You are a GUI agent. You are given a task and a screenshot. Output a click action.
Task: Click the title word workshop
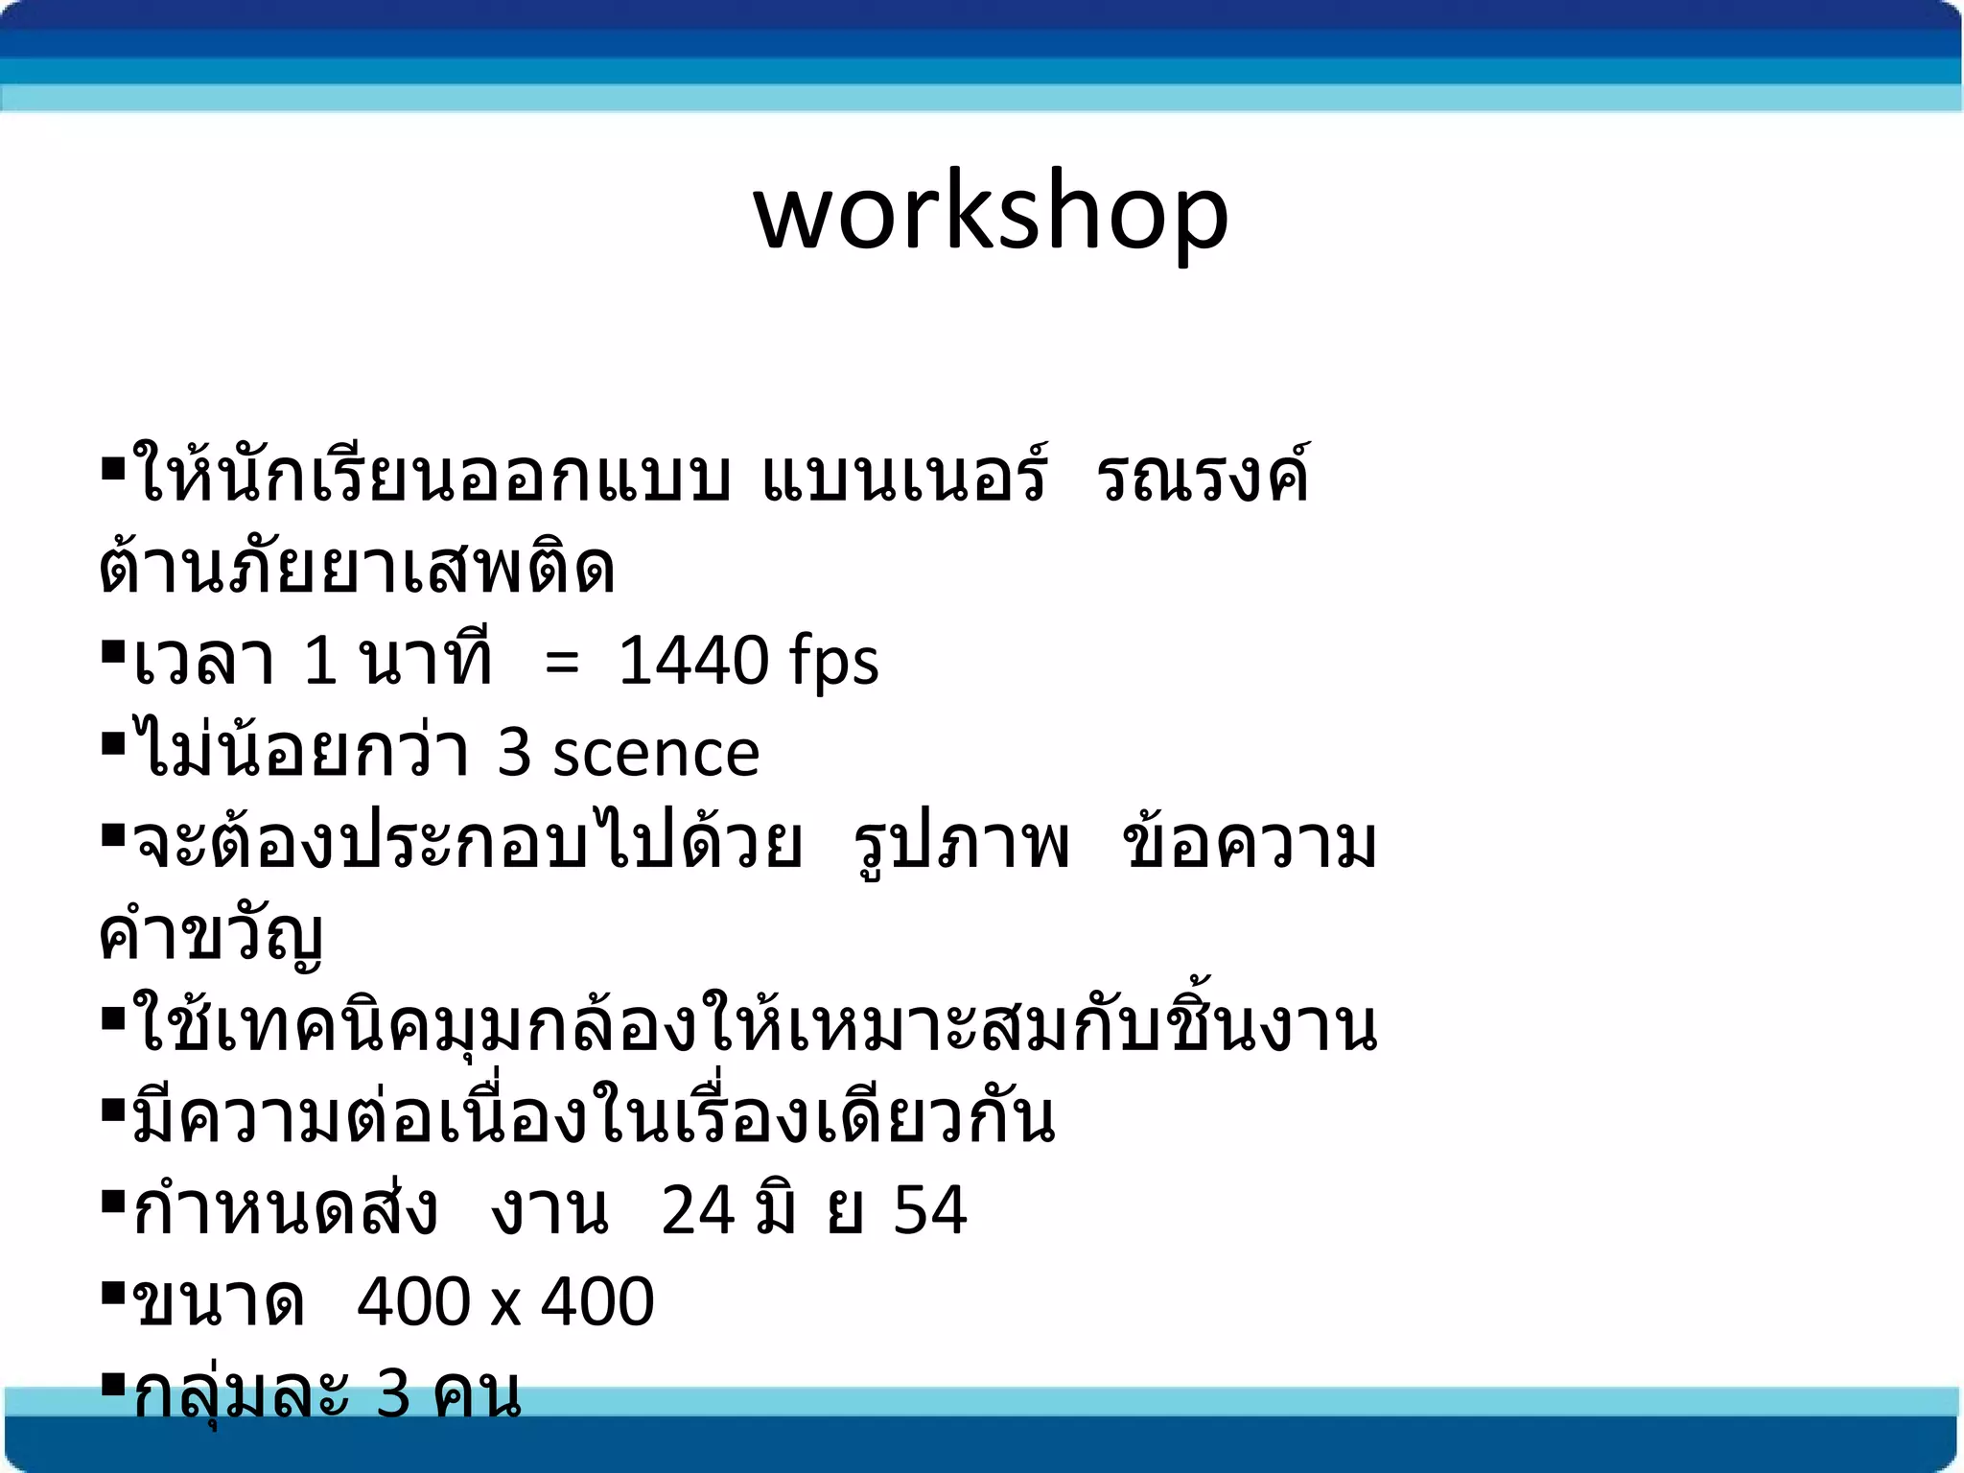point(991,213)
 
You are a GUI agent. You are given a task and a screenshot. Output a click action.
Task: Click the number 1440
point(692,661)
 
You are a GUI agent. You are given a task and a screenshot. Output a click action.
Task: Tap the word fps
point(833,663)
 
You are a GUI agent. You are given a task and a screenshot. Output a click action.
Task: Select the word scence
point(656,753)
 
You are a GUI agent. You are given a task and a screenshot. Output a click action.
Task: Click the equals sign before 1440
point(562,663)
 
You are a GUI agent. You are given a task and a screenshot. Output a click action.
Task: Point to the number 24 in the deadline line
point(698,1210)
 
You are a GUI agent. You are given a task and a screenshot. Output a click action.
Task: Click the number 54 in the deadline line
point(929,1210)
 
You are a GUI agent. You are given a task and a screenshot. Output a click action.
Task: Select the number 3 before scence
point(514,753)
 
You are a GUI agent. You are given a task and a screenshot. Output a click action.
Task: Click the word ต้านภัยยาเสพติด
point(357,568)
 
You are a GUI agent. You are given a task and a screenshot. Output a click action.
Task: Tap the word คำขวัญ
point(211,934)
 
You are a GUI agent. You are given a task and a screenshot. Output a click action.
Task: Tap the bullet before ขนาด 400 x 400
point(113,1296)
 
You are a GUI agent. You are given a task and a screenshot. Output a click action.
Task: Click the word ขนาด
point(219,1303)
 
